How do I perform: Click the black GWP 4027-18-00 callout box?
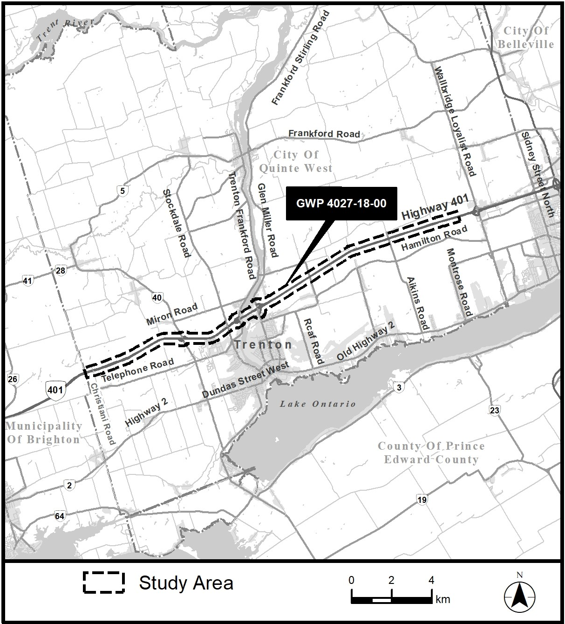[x=341, y=203]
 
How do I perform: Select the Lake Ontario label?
[x=318, y=404]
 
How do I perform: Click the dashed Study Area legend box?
[x=103, y=583]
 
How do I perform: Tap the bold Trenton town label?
[x=264, y=345]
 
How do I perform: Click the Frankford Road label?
[x=324, y=134]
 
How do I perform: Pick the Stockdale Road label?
[x=177, y=223]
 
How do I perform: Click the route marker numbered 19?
[x=422, y=500]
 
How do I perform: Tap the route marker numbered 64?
[x=60, y=516]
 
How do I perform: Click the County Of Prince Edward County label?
[x=431, y=453]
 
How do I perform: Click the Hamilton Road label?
[x=434, y=239]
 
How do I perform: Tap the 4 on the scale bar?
[x=431, y=580]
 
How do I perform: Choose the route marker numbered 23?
[x=495, y=410]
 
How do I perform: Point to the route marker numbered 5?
[x=123, y=190]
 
